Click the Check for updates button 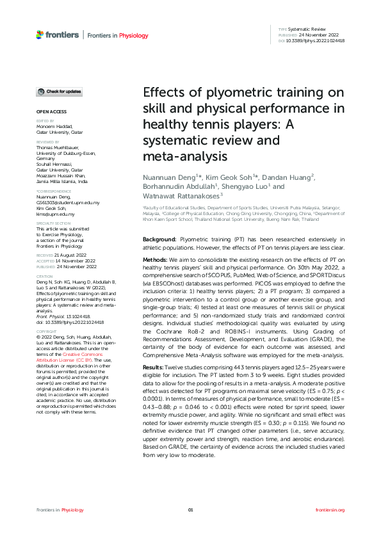pyautogui.click(x=58, y=92)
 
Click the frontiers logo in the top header pyautogui.click(x=57, y=34)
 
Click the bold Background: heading pyautogui.click(x=160, y=239)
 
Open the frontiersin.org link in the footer pyautogui.click(x=330, y=510)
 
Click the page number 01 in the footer pyautogui.click(x=190, y=510)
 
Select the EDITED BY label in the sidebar pyautogui.click(x=44, y=120)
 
